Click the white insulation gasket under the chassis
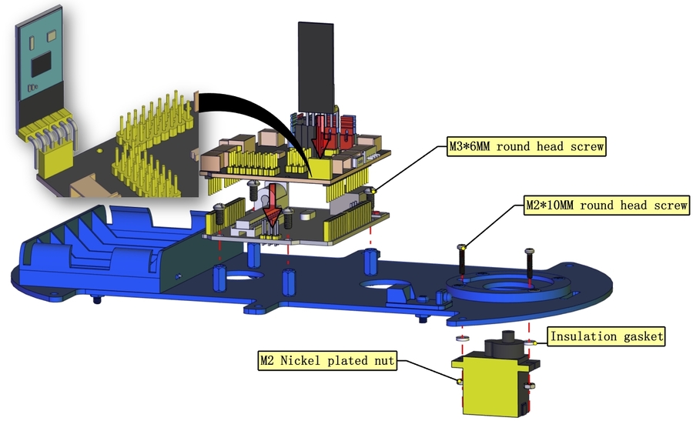pyautogui.click(x=462, y=338)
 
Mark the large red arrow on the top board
pyautogui.click(x=323, y=139)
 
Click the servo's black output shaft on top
pyautogui.click(x=508, y=339)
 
